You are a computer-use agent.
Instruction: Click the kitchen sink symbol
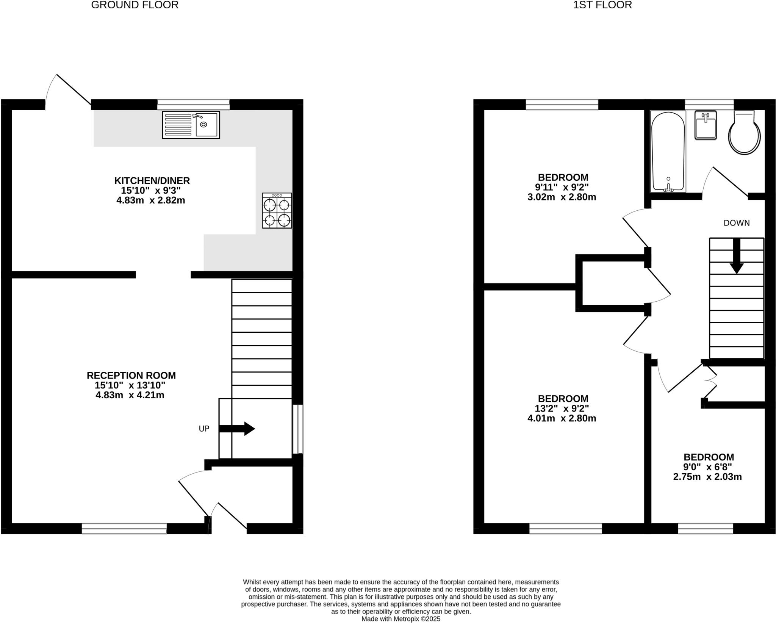coord(191,125)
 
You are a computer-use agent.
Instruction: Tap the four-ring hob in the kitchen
coord(277,211)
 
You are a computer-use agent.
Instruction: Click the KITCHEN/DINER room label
coord(152,181)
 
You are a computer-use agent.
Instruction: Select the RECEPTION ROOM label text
coord(131,376)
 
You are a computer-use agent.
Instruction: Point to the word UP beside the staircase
coord(204,429)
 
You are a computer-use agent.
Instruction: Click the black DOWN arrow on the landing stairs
coord(736,256)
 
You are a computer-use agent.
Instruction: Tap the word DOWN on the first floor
coord(736,223)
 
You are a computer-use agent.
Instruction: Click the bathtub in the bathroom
coord(668,151)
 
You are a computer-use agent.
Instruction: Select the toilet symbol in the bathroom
coord(744,133)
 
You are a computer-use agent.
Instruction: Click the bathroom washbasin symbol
coord(706,125)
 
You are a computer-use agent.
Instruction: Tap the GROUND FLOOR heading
coord(135,5)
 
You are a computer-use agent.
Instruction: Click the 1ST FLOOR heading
coord(602,5)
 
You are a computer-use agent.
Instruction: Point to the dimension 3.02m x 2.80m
coord(562,197)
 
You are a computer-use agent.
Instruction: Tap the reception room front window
coord(124,528)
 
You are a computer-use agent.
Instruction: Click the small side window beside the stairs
coord(298,429)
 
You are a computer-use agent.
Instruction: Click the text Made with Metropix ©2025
coord(401,619)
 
